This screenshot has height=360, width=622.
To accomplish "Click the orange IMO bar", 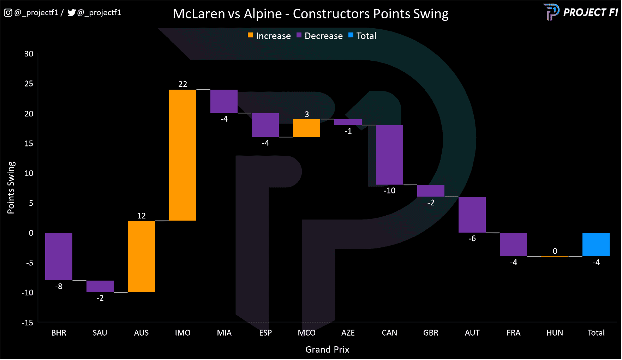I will [x=183, y=155].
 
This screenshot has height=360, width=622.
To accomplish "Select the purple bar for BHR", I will [x=59, y=257].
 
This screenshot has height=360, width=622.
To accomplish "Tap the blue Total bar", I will [x=596, y=245].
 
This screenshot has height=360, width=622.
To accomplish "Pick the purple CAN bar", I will [x=389, y=155].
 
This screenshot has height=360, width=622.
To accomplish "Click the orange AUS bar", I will [x=141, y=257].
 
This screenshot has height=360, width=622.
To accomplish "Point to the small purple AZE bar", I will [x=348, y=122].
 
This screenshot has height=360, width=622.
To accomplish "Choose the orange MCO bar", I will [x=306, y=128].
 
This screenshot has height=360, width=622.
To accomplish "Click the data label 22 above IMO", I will [x=183, y=84].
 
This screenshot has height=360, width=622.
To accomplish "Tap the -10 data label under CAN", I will [x=389, y=191].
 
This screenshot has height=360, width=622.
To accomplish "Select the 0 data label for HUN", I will [x=555, y=251].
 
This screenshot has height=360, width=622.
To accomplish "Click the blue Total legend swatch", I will [x=351, y=35].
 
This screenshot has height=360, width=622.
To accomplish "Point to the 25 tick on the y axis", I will [x=29, y=84].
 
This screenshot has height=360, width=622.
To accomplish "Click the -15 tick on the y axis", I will [x=28, y=323].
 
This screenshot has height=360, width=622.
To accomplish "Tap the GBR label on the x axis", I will [x=431, y=333].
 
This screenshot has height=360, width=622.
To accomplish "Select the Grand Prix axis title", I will [x=327, y=349].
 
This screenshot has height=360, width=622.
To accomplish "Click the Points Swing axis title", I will [x=11, y=187].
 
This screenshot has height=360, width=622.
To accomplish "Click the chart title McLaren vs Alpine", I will [x=310, y=14].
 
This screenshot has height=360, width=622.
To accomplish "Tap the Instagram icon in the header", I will [x=8, y=13].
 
